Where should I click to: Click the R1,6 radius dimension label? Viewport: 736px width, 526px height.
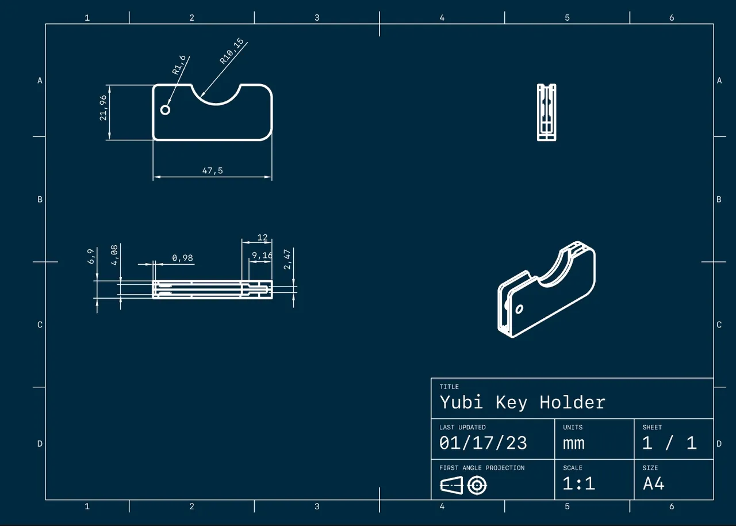(180, 66)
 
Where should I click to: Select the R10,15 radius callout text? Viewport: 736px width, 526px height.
(232, 51)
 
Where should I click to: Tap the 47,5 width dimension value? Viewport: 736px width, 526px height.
(212, 170)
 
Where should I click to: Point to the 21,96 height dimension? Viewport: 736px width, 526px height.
(103, 107)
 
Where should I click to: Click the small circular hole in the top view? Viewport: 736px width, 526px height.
(166, 110)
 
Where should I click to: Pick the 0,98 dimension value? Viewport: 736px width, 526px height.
(182, 258)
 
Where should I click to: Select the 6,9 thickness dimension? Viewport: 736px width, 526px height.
(91, 257)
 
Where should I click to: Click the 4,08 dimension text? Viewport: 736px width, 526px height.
(114, 255)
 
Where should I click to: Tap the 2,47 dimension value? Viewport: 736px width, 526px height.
(288, 258)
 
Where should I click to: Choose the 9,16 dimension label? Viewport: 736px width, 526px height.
(262, 255)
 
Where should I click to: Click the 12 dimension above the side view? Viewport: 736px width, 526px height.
(262, 237)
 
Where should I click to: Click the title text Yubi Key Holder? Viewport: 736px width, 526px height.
(522, 402)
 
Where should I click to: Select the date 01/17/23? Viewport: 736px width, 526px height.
(483, 443)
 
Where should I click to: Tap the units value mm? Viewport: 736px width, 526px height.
(574, 443)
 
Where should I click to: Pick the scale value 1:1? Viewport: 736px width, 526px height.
(578, 483)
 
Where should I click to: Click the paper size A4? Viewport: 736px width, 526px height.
(654, 483)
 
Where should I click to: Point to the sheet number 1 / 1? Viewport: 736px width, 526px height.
(669, 443)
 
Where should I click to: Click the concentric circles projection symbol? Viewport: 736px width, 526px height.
(477, 486)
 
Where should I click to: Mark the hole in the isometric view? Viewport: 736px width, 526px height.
(519, 309)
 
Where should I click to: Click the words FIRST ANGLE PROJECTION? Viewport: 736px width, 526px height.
(482, 468)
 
